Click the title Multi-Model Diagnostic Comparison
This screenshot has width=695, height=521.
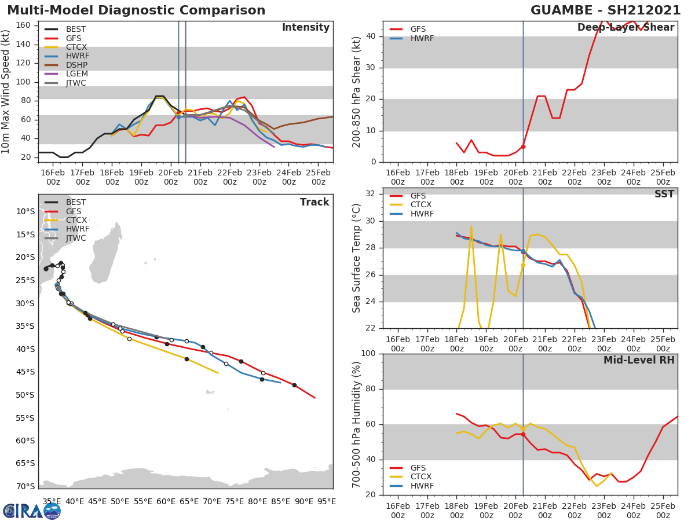[136, 10]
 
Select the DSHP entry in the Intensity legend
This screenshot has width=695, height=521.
[76, 65]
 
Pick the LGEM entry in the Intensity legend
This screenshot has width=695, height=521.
[76, 74]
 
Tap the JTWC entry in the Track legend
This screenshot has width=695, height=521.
[76, 238]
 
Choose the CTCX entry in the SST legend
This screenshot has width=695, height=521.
[422, 204]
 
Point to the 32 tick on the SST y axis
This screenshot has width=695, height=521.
[370, 194]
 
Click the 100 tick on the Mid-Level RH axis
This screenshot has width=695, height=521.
[368, 354]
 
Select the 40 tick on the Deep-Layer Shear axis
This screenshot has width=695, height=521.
[370, 36]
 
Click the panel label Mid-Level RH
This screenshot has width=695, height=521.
[639, 361]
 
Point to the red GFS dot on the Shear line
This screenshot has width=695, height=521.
[523, 146]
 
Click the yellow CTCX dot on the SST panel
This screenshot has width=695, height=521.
[523, 265]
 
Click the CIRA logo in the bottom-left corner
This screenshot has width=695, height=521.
[31, 511]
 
